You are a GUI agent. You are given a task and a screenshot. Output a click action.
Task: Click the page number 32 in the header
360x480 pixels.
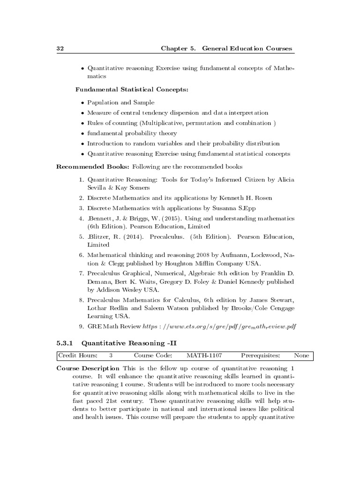[60, 48]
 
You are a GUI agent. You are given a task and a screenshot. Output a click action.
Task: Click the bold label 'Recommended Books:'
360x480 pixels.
[93, 166]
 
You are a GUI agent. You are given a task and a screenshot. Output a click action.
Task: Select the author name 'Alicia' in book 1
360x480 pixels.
[285, 180]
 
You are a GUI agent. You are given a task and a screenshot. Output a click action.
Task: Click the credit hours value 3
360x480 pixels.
[111, 355]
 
